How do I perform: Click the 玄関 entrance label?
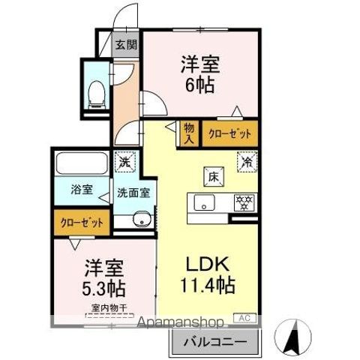tap(125, 44)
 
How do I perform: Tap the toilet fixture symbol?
tap(96, 92)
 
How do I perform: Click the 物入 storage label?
tap(188, 133)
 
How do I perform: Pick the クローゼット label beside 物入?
tap(229, 133)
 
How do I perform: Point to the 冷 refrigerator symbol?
tap(245, 160)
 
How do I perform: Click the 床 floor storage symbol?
tap(213, 177)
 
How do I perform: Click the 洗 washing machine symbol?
tap(124, 160)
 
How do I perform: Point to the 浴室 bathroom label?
tap(82, 190)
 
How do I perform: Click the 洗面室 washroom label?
tap(133, 192)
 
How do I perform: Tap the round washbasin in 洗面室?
tap(140, 219)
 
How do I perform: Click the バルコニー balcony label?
tap(216, 343)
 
